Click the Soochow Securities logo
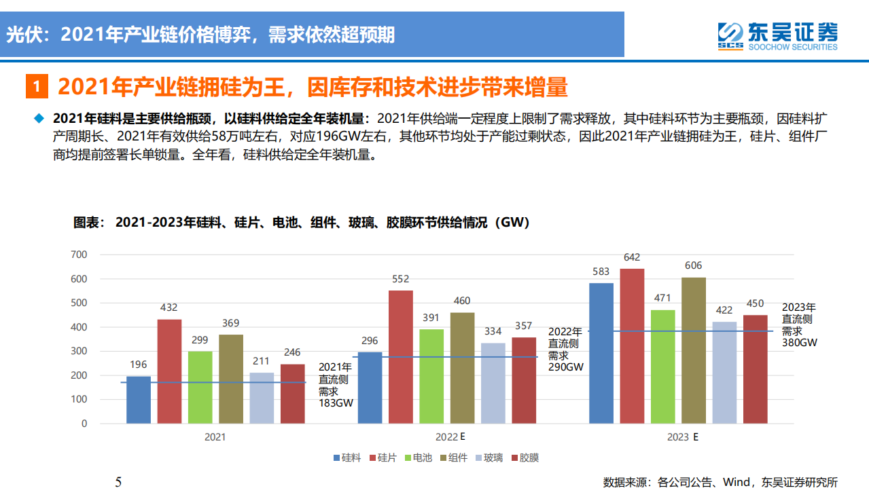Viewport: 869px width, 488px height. click(x=778, y=35)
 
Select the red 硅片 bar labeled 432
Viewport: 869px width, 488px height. click(x=169, y=371)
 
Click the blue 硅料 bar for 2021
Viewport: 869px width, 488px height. click(x=139, y=400)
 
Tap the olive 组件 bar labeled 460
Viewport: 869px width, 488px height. click(x=462, y=367)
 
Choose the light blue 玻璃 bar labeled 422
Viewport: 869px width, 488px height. click(x=724, y=372)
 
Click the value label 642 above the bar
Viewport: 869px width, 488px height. click(x=632, y=257)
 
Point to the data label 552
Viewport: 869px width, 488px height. click(x=401, y=279)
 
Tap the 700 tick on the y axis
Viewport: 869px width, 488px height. click(x=79, y=255)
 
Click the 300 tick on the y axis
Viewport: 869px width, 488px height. click(x=79, y=351)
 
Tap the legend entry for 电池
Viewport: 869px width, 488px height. click(x=417, y=458)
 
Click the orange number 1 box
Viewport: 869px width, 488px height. click(x=37, y=88)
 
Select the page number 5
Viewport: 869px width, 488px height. click(x=118, y=481)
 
